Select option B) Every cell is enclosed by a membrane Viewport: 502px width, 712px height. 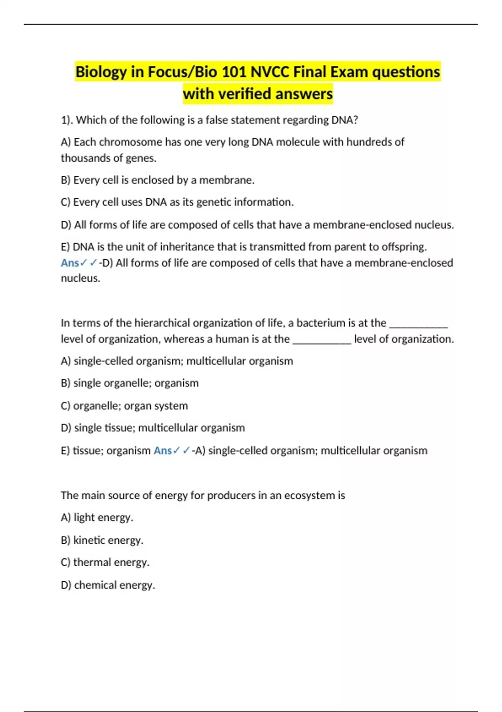pyautogui.click(x=157, y=180)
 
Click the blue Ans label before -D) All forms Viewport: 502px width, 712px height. pyautogui.click(x=69, y=263)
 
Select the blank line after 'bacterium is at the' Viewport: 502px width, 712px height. pyautogui.click(x=418, y=325)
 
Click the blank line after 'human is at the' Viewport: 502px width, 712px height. pyautogui.click(x=322, y=341)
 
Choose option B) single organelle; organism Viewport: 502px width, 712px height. pyautogui.click(x=130, y=383)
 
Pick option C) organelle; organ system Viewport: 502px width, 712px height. pyautogui.click(x=124, y=406)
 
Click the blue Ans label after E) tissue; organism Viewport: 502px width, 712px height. pyautogui.click(x=162, y=451)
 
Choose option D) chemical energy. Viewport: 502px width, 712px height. pyautogui.click(x=108, y=585)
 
